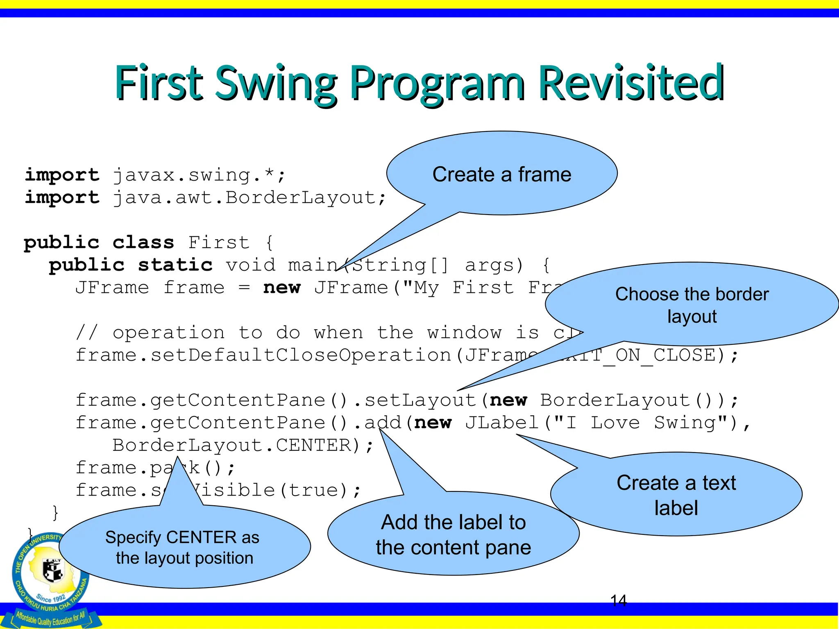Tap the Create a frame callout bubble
click(x=501, y=174)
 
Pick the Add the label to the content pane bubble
click(x=453, y=534)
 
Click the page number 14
click(x=618, y=601)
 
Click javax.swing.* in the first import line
click(x=199, y=175)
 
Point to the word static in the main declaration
click(x=175, y=265)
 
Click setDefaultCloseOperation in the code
click(x=301, y=355)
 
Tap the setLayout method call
click(x=420, y=400)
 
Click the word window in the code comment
click(x=464, y=333)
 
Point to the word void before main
click(x=250, y=265)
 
